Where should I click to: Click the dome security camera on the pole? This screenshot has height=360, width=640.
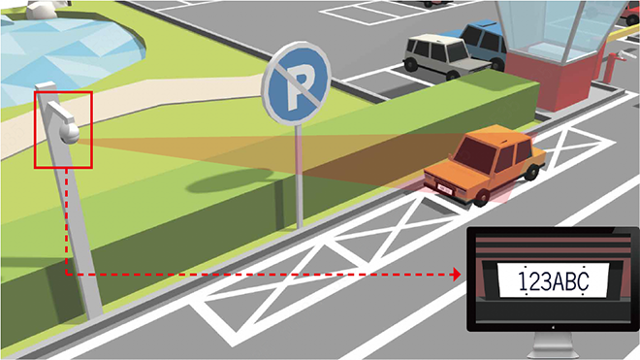coord(70,133)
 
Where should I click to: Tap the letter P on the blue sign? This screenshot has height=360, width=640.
coord(297,86)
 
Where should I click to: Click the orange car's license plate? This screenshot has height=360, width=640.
coord(445,189)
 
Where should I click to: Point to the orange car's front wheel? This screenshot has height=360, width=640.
coord(482,197)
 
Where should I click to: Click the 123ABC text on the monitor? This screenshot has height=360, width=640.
coord(554,281)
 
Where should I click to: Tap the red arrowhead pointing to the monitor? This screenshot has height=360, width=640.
coord(457,275)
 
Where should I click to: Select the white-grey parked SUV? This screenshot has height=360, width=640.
coord(445,56)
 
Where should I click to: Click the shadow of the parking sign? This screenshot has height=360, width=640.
coord(229,180)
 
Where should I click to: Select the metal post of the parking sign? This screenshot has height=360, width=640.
coord(300,176)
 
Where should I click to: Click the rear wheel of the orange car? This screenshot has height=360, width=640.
coord(531,173)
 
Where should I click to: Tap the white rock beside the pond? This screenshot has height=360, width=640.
coord(44,9)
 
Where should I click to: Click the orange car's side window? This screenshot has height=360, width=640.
coord(515,154)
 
